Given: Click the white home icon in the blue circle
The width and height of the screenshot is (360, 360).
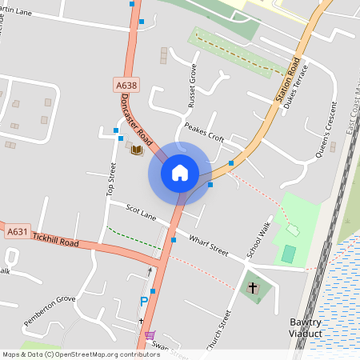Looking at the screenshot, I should point(179,172).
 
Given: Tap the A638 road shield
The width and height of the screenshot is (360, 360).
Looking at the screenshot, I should point(126,84).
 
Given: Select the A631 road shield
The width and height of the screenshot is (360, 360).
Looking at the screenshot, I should point(18,233).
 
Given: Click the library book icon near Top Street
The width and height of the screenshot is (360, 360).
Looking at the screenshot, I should point(137,149).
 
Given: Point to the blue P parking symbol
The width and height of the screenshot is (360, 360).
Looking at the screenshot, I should point(144,302).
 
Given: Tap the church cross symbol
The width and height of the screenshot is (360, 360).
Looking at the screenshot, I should point(254,287).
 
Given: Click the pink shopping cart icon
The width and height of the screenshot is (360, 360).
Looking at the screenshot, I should point(150,335).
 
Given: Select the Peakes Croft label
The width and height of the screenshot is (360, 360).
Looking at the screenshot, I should point(204,132).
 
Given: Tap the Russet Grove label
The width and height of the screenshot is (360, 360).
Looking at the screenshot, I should point(192,86).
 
